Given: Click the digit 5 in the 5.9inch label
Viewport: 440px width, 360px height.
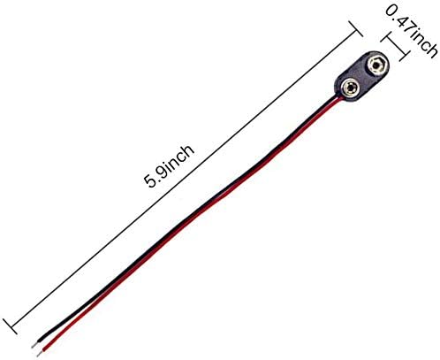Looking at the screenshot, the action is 151,180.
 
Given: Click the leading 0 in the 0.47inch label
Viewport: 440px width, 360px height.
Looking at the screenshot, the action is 392,11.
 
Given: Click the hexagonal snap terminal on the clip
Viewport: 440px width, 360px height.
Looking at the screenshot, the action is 376,65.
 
